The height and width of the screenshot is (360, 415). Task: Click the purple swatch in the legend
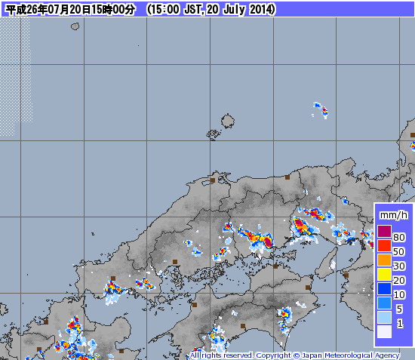[x=385, y=232]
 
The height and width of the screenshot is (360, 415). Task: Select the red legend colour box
[x=385, y=246]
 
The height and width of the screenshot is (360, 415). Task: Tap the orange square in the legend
[x=385, y=260]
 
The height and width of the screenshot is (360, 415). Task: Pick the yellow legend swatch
[x=385, y=275]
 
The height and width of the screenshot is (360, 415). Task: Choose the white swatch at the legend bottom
[x=385, y=331]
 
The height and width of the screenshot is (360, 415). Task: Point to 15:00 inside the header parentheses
[x=164, y=9]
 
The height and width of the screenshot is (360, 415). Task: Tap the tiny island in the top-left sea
[x=75, y=26]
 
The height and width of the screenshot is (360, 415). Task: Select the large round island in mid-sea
[x=227, y=121]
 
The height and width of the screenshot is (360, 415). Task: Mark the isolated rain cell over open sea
[x=321, y=109]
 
